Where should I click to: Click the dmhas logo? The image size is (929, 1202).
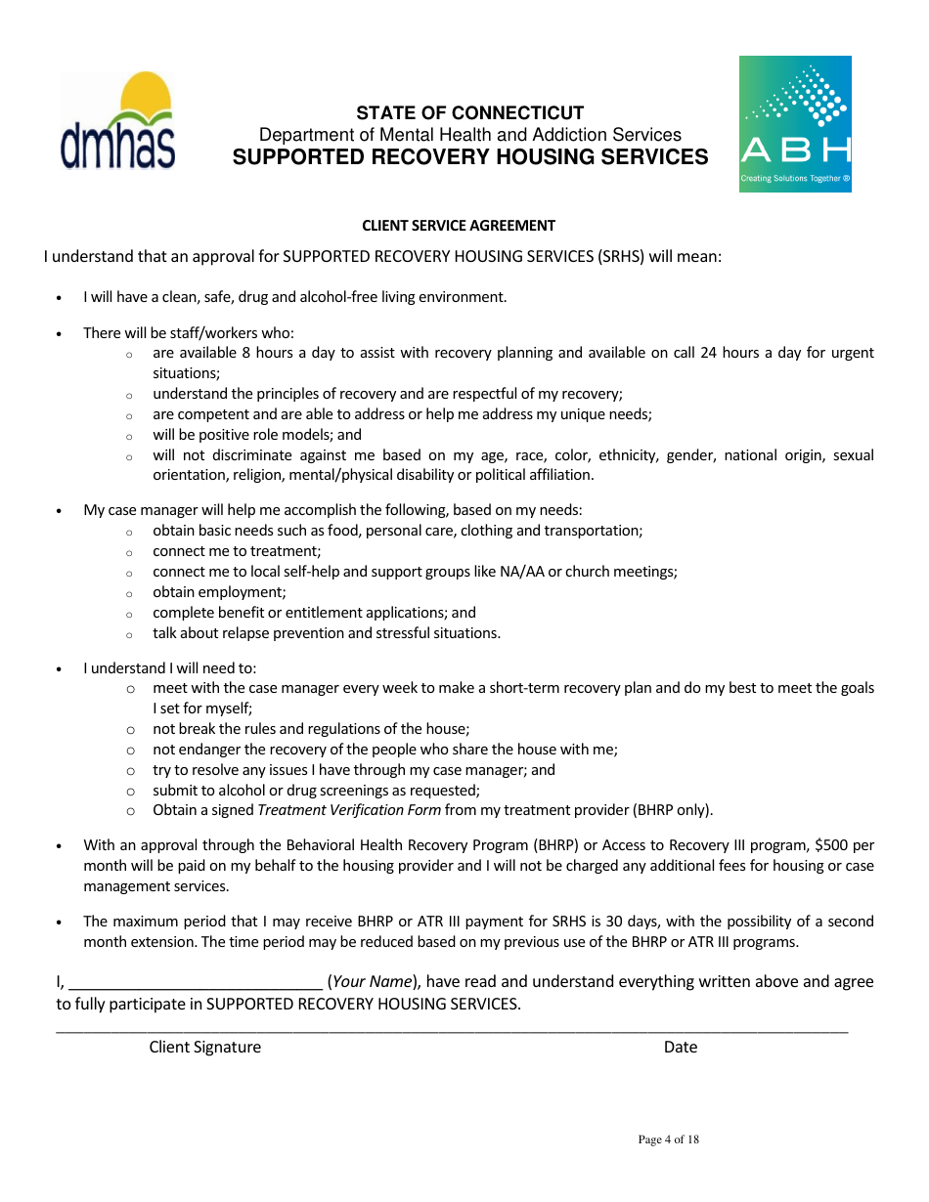117,121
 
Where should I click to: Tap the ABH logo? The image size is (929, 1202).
794,124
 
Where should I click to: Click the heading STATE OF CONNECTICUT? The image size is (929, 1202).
469,112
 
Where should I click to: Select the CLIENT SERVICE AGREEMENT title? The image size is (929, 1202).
459,226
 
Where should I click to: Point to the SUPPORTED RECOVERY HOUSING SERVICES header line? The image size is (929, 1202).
469,157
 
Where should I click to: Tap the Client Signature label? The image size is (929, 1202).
204,1048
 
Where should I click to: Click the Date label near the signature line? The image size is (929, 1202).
680,1048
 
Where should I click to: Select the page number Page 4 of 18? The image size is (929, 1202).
668,1139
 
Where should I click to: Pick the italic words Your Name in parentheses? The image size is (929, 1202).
373,982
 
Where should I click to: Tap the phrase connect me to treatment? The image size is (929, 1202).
237,551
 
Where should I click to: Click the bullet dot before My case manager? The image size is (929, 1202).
60,511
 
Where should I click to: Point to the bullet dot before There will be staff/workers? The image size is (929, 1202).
60,334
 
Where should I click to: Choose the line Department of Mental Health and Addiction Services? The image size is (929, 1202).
469,135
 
